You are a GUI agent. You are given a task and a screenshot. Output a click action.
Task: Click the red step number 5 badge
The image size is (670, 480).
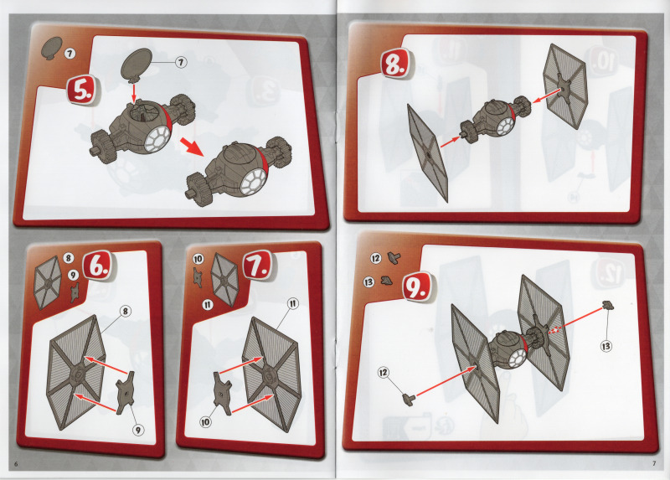coord(81,91)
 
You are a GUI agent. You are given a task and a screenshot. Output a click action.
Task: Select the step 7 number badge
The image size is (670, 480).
coord(258,266)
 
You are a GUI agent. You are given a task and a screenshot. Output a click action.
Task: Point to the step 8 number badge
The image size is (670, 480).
coord(397,65)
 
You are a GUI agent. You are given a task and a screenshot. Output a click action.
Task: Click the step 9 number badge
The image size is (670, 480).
coord(419,287)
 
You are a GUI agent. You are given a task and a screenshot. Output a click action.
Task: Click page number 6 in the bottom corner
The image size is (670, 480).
coord(16,465)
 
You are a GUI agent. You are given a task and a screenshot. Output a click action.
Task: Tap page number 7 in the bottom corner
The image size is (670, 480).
coord(654,463)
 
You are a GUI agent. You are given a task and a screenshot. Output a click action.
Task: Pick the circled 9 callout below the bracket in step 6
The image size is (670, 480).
coord(137,430)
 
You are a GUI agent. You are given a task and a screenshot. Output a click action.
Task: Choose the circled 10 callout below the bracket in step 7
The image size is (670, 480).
coord(205,422)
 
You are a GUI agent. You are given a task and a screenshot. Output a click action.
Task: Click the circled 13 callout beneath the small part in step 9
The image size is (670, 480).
coord(606,346)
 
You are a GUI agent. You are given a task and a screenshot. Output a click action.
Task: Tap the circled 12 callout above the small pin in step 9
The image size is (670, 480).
coord(384,373)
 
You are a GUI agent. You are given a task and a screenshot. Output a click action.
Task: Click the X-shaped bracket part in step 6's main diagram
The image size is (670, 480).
coord(126,392)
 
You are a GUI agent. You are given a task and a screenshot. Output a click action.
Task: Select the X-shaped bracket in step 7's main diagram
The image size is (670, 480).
coord(223,393)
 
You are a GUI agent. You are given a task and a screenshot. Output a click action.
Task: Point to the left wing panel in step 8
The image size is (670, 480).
coord(427,153)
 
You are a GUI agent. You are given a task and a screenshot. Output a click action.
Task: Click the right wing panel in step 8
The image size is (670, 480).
coord(564,86)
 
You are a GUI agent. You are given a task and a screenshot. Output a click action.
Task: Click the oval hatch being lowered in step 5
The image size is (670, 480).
coord(137,65)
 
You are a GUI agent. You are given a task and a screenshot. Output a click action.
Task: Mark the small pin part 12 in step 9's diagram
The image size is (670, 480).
coord(409,400)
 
